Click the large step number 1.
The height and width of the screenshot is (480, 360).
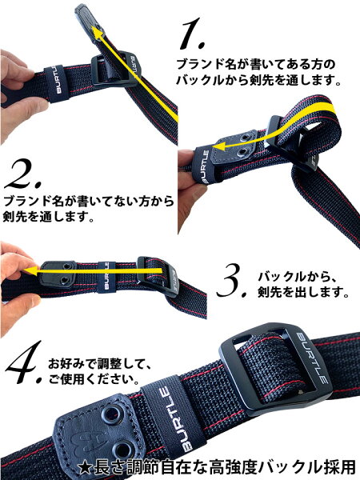point(192,34)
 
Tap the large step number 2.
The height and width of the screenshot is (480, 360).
point(23,174)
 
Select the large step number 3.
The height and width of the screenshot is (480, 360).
point(232,282)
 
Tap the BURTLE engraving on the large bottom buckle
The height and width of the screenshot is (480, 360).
point(312,357)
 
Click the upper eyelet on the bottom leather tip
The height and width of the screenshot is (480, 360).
point(110,414)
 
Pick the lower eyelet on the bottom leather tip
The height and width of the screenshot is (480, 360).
point(122,450)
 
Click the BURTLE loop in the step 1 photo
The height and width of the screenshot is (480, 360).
point(56,83)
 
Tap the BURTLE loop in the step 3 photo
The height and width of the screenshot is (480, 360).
point(106,276)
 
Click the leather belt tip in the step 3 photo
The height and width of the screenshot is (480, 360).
point(58,274)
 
